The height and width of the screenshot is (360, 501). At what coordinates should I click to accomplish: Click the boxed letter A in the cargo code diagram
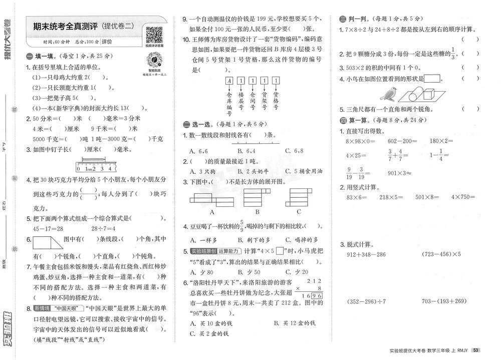click(229, 80)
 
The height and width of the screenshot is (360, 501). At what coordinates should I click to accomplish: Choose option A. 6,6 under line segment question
click(198, 150)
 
